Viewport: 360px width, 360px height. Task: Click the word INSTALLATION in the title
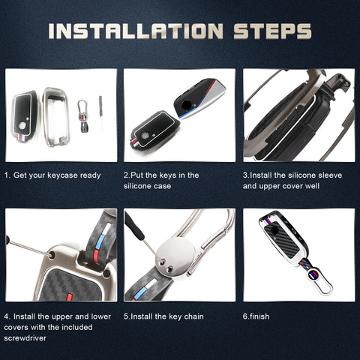[x=136, y=31]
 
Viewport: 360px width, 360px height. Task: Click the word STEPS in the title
[x=272, y=31]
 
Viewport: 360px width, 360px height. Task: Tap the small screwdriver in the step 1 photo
[x=100, y=112]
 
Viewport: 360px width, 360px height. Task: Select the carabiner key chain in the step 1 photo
[x=82, y=116]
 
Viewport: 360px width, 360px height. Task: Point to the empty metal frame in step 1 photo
[x=56, y=117]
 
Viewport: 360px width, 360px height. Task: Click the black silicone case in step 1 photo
[x=24, y=116]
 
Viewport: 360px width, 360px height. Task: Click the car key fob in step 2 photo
[x=200, y=98]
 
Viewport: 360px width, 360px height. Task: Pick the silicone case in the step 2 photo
[x=154, y=130]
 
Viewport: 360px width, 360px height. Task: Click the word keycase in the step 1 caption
[x=62, y=175]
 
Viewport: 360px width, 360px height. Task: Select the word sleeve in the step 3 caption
[x=330, y=175]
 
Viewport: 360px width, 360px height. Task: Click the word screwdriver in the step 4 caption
[x=25, y=338]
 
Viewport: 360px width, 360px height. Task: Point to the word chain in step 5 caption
[x=193, y=316]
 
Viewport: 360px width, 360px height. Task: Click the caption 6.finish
[x=256, y=316]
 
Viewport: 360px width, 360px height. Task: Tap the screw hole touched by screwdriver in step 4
[x=52, y=255]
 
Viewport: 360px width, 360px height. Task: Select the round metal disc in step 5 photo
[x=175, y=257]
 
